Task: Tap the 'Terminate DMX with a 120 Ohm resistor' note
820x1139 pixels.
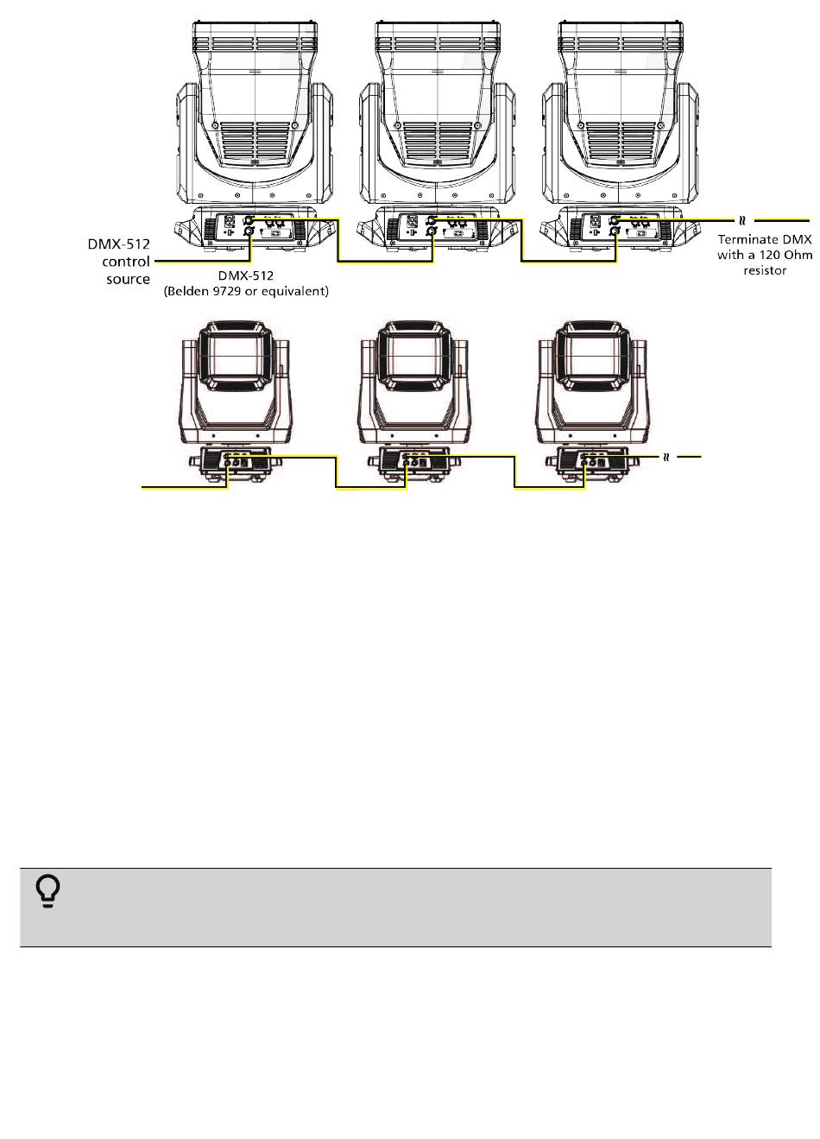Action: tap(764, 253)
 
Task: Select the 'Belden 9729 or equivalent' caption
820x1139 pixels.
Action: tap(247, 291)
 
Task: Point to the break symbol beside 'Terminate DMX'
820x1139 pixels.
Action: tap(741, 219)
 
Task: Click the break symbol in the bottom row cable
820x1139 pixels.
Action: tap(665, 456)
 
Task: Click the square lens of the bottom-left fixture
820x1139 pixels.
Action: tap(235, 356)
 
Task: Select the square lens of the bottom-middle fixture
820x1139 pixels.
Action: tap(414, 356)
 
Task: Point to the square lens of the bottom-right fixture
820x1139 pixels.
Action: tap(592, 356)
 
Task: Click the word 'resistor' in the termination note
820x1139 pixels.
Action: tap(764, 270)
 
